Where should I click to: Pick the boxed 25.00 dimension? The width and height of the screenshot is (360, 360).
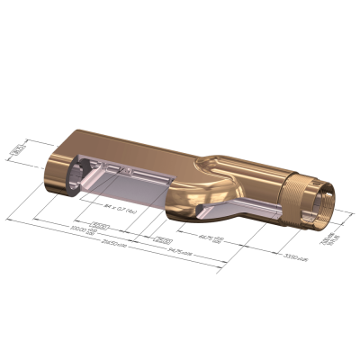tap(163, 239)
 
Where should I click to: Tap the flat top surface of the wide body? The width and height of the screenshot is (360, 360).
tap(135, 144)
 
